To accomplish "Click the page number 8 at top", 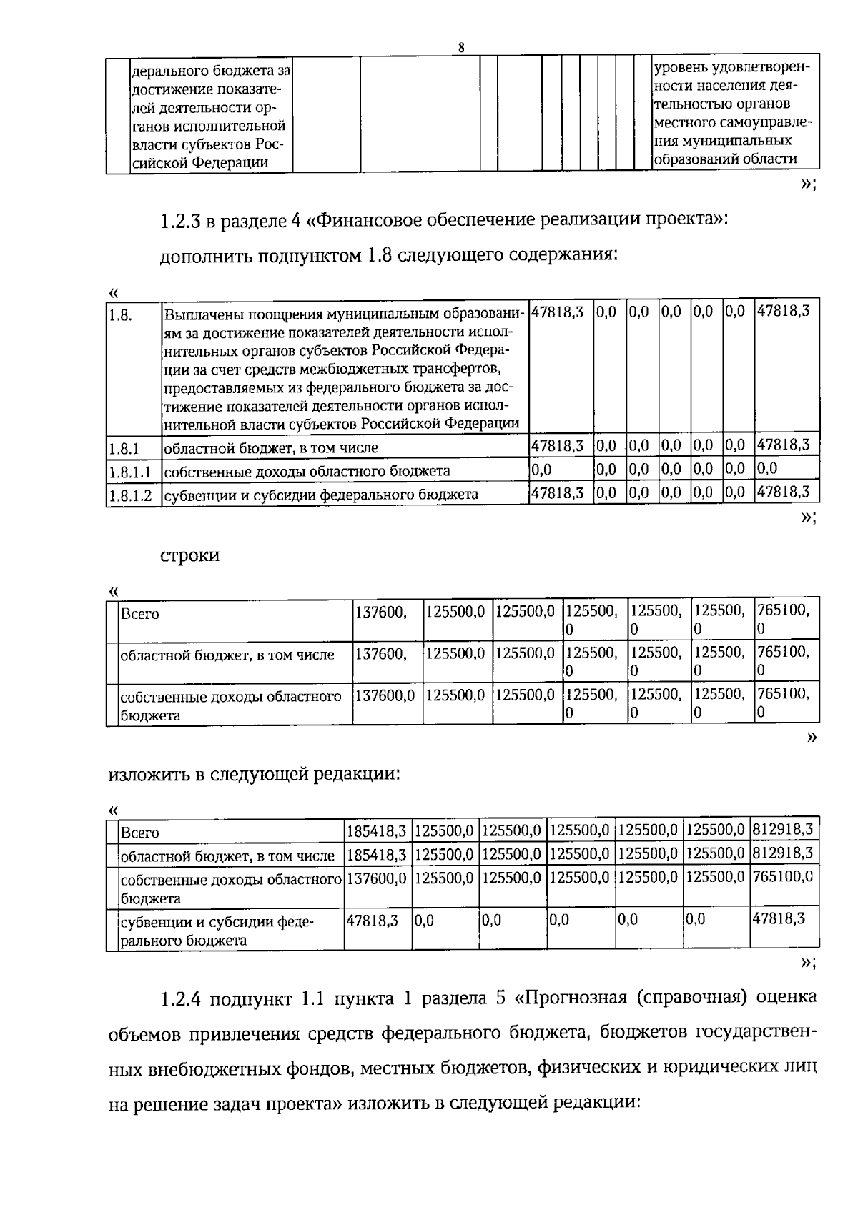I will pyautogui.click(x=461, y=48).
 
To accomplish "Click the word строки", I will pyautogui.click(x=189, y=555).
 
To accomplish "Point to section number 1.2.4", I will pyautogui.click(x=185, y=998).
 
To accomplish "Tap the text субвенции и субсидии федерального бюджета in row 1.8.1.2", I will pyautogui.click(x=321, y=495).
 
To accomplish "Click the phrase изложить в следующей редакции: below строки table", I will pyautogui.click(x=253, y=774).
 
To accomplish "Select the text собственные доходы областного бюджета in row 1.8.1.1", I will pyautogui.click(x=307, y=471).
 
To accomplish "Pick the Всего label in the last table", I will pyautogui.click(x=140, y=833).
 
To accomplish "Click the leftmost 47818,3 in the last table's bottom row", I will pyautogui.click(x=372, y=920).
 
